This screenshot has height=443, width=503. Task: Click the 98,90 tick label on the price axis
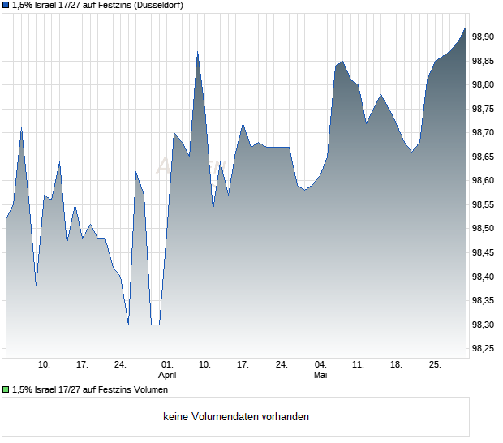click(483, 37)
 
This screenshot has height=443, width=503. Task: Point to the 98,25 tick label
click(483, 348)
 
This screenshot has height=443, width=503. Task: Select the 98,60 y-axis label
click(483, 181)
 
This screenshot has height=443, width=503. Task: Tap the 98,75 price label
click(483, 109)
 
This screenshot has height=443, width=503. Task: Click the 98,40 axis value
click(483, 277)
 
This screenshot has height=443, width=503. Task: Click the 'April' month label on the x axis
click(167, 375)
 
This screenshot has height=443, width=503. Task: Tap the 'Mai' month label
click(320, 375)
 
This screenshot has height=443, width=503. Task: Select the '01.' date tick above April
click(167, 365)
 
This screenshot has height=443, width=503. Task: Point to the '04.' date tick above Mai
click(320, 365)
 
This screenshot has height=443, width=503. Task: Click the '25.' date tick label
click(435, 365)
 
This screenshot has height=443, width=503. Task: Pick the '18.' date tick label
click(396, 365)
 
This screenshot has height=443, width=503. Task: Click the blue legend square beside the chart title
click(6, 6)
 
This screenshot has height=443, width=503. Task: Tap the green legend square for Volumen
click(6, 389)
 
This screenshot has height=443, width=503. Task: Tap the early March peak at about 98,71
click(21, 128)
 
